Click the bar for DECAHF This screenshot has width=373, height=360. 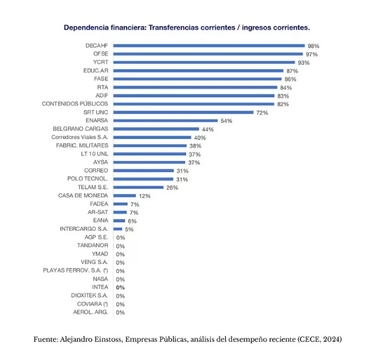point(209,46)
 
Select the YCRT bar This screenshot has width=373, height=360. point(204,62)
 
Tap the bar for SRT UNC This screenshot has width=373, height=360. point(183,112)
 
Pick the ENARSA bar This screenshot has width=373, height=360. point(165,120)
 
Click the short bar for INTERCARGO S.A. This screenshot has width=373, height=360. point(118,229)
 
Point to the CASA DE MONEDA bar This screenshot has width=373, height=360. point(125,195)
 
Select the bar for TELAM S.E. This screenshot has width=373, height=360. point(138,187)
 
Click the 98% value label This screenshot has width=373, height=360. point(313,46)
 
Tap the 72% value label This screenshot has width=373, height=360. point(262,113)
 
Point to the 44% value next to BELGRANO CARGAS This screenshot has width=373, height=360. point(208,129)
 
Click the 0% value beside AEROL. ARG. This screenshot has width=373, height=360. point(120,313)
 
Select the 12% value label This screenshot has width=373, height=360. point(145,196)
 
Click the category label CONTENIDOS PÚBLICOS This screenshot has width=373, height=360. point(75,104)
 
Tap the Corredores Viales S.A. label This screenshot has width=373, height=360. point(80,137)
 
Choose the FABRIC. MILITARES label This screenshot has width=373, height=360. point(82,145)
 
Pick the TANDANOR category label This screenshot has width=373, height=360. point(92,245)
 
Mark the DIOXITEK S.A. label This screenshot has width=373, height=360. point(89,296)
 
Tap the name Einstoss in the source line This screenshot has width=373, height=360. point(109,339)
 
